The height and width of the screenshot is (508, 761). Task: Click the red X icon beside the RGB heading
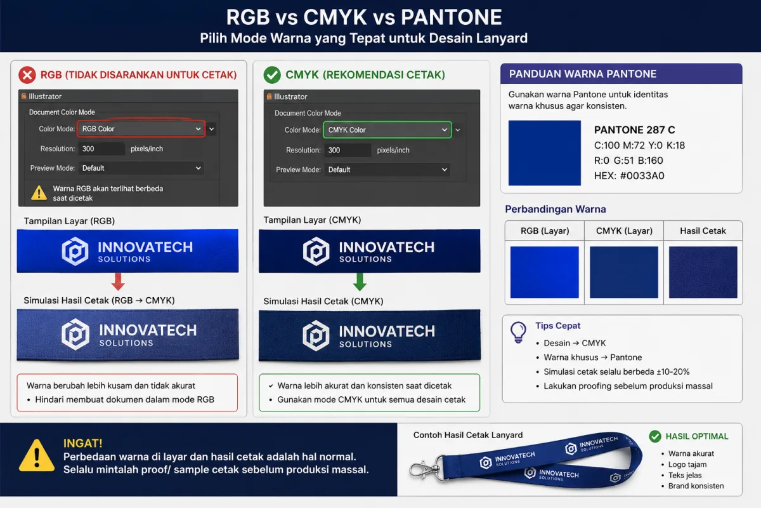[x=27, y=75]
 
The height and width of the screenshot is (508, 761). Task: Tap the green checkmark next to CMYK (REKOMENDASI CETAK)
[x=272, y=75]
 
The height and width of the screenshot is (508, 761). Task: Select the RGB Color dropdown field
[x=141, y=129]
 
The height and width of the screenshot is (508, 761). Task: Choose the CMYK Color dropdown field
[x=387, y=130]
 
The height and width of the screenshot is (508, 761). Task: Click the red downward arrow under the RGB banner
[x=118, y=281]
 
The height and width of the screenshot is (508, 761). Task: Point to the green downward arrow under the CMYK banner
[x=360, y=282]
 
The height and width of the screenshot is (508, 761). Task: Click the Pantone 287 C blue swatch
[x=544, y=153]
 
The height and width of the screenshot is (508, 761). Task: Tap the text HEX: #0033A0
[x=629, y=175]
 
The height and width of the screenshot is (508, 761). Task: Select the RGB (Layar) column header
[x=545, y=231]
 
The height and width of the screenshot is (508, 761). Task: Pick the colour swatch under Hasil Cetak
[x=703, y=272]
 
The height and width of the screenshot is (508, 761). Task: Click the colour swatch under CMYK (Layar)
[x=624, y=272]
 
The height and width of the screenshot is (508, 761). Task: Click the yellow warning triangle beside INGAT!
[x=37, y=456]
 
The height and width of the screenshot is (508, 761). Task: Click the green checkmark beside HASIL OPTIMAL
[x=655, y=436]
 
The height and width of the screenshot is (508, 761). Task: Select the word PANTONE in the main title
[x=451, y=17]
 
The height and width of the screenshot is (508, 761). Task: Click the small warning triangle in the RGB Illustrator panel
[x=39, y=193]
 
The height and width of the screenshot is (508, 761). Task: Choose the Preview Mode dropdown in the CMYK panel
[x=387, y=170]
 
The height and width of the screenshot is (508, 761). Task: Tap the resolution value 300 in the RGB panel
[x=88, y=149]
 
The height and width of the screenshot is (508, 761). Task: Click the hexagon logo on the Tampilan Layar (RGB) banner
[x=75, y=251]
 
